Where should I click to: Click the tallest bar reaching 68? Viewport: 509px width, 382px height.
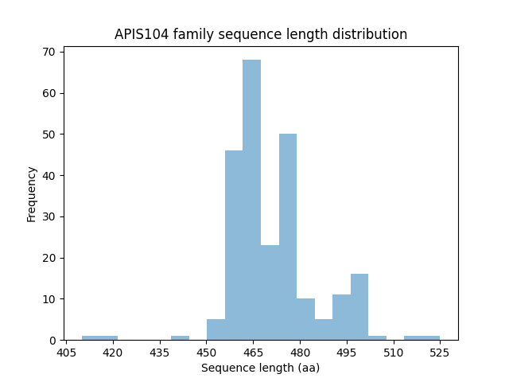251,199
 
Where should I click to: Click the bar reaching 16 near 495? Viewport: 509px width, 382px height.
359,307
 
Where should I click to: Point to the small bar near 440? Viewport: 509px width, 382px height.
180,338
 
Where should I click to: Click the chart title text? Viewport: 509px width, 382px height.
261,34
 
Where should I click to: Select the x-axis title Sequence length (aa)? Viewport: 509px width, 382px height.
261,368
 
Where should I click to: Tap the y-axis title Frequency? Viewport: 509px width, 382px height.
32,193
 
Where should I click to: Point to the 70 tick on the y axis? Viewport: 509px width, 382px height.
49,52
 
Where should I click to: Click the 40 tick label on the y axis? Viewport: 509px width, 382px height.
49,175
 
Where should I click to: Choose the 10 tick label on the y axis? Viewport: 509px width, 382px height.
49,299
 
